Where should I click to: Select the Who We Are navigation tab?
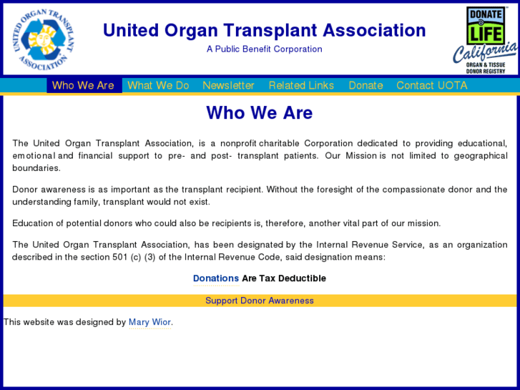click(x=83, y=85)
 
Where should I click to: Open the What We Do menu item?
click(x=158, y=85)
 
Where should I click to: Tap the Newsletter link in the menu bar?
click(x=228, y=85)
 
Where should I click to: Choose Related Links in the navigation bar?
click(x=301, y=85)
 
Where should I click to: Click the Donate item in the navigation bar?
click(x=366, y=85)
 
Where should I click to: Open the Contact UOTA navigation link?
click(x=431, y=85)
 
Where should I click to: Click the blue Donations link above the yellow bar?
click(x=215, y=278)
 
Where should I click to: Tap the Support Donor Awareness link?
click(x=260, y=301)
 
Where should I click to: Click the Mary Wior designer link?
click(x=149, y=322)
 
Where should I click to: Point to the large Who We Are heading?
click(x=260, y=113)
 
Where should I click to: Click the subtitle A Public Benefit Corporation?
click(x=264, y=49)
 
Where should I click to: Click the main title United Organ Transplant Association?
click(x=264, y=30)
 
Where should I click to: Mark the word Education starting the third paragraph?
click(x=34, y=223)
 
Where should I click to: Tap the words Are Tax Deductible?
click(x=284, y=278)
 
